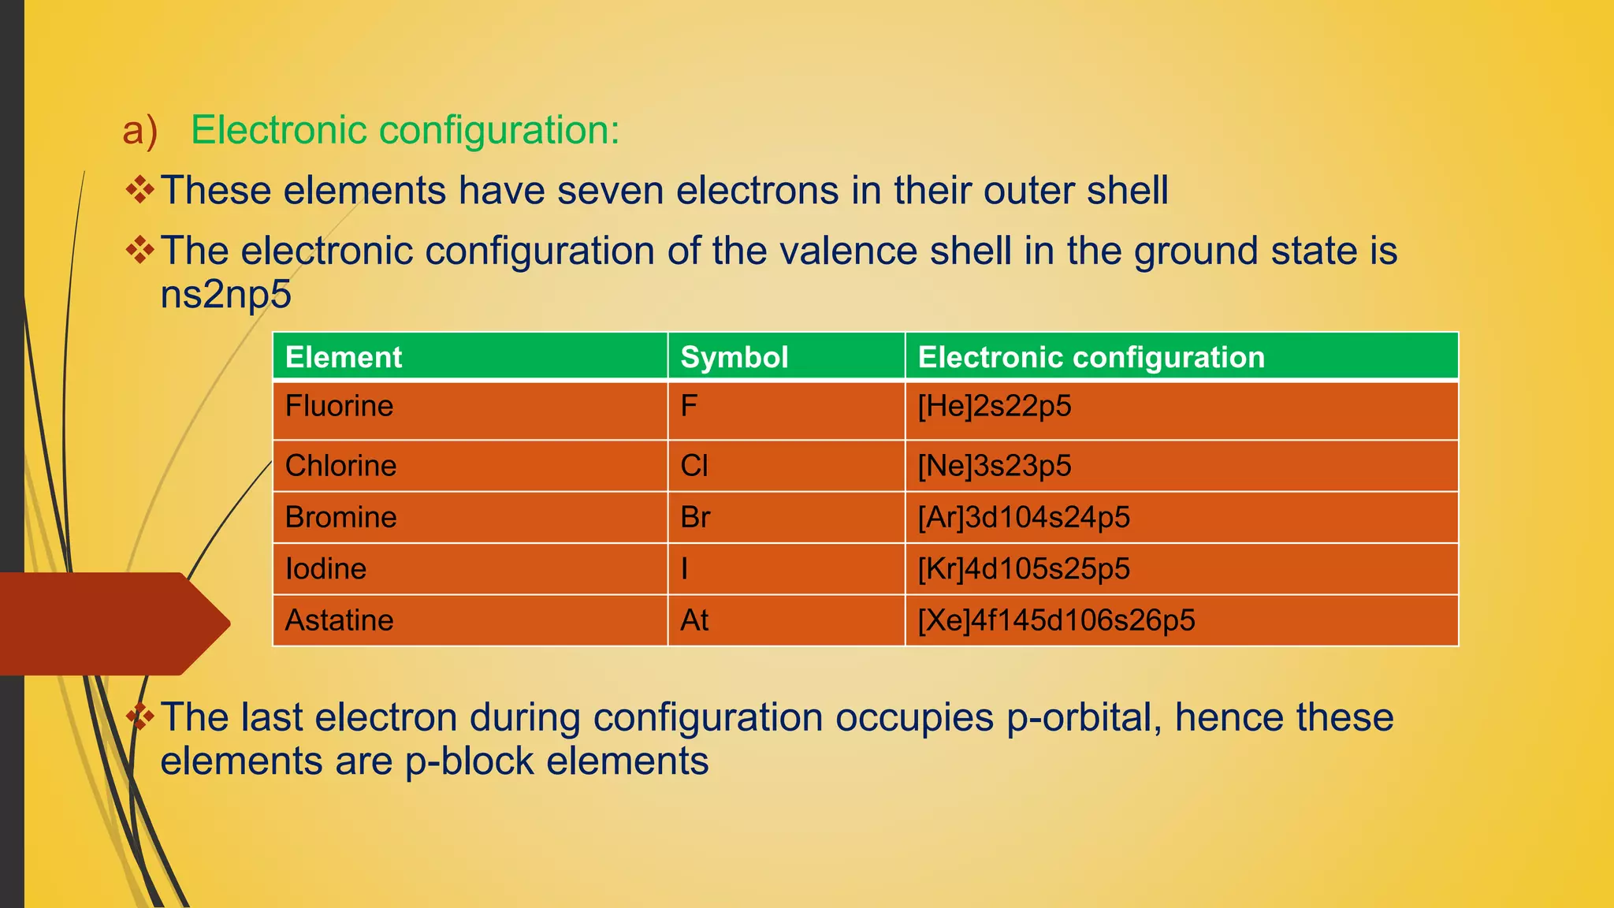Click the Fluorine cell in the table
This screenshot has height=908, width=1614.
coord(339,407)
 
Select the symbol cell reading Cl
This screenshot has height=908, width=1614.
coord(694,466)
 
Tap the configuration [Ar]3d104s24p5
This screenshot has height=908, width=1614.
coord(1023,518)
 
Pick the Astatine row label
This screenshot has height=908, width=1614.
coord(339,620)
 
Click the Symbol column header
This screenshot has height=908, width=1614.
coord(734,357)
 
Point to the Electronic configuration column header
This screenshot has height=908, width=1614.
coord(1091,357)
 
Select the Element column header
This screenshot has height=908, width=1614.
coord(344,357)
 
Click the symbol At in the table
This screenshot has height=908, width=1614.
coord(694,620)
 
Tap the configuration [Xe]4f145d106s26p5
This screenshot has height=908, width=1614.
coord(1056,620)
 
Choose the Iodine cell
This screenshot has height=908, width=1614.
coord(325,569)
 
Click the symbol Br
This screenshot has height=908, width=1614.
coord(695,518)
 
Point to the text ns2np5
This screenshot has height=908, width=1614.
coord(225,295)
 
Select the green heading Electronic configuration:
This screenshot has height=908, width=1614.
coord(405,130)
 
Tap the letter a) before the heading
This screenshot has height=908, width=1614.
coord(139,130)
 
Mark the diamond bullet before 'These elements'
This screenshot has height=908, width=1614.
coord(140,190)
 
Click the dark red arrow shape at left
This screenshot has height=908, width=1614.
coord(110,623)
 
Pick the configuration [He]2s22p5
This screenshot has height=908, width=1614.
coord(994,407)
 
